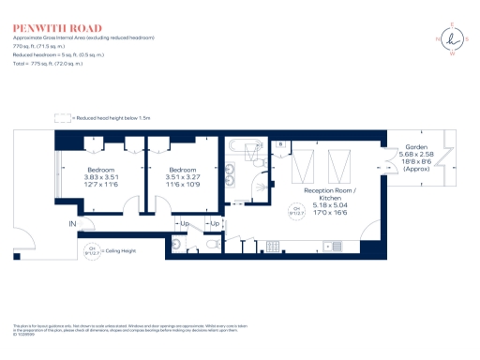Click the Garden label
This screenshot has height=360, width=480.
click(416, 148)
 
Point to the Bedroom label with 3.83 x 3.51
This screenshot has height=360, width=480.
click(100, 169)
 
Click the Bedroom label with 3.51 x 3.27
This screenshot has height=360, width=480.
click(183, 169)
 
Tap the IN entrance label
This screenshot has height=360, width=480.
click(71, 224)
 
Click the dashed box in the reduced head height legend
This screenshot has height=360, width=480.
click(64, 118)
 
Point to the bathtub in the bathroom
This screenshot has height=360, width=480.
click(247, 145)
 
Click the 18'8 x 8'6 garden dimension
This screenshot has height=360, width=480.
click(416, 161)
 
